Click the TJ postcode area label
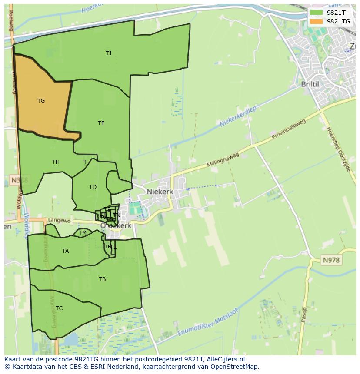[108, 53]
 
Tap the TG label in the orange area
[41, 101]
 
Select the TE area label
[101, 123]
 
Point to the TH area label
[56, 162]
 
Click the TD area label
[93, 187]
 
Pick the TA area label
[65, 251]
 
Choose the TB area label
[102, 279]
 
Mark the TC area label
[59, 308]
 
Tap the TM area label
[83, 233]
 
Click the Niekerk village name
[160, 192]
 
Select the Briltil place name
[310, 84]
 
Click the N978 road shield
[331, 260]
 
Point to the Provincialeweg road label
[289, 129]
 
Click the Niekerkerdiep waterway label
[238, 116]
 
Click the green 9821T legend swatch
[317, 13]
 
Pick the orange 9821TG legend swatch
[317, 21]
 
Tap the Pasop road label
[304, 317]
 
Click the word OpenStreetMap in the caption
[236, 367]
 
